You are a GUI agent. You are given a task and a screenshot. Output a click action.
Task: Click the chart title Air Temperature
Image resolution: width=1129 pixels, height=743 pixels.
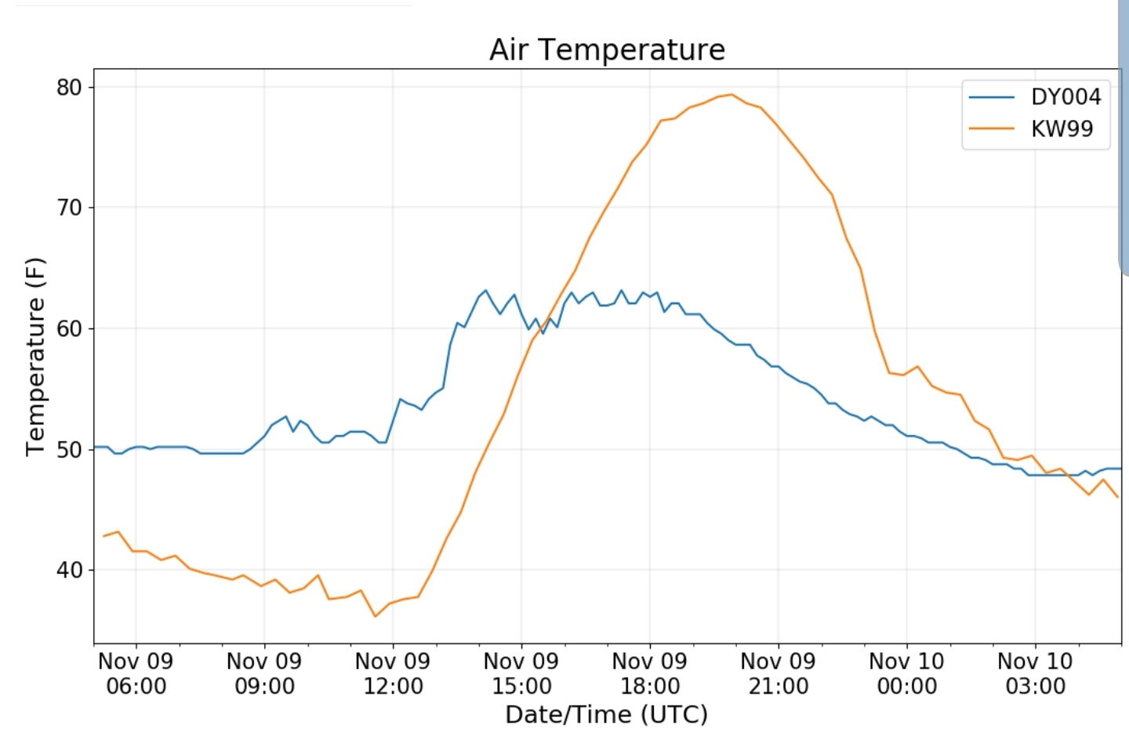(x=607, y=49)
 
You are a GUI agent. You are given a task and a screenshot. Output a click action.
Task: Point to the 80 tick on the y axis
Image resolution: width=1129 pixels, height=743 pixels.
(x=70, y=87)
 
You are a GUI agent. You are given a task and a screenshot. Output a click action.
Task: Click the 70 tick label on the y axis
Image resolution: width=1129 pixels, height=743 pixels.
(x=70, y=208)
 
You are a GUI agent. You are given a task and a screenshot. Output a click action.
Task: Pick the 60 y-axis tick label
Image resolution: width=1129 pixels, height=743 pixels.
(x=70, y=328)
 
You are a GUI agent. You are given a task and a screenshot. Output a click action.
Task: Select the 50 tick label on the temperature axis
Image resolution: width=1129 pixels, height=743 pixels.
(x=70, y=449)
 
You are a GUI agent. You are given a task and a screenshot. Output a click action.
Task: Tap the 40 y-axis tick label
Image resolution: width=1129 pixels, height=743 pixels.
(x=70, y=570)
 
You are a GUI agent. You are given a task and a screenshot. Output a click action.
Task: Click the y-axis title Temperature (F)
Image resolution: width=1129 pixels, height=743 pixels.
(x=36, y=357)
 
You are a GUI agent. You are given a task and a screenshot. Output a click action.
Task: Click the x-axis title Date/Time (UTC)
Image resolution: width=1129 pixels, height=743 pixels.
(x=606, y=715)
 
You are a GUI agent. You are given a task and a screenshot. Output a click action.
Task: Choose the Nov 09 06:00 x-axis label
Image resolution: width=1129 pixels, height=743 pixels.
(x=136, y=673)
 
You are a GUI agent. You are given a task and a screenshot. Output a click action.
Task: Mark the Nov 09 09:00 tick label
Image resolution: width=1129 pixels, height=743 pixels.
(x=264, y=673)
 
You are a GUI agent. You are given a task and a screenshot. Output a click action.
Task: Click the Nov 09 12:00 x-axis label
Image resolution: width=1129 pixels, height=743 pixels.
(x=393, y=673)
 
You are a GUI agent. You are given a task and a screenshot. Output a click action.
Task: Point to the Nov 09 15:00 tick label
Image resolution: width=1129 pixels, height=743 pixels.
(x=521, y=673)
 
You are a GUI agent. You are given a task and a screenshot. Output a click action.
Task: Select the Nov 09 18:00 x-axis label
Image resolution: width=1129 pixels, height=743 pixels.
(x=650, y=673)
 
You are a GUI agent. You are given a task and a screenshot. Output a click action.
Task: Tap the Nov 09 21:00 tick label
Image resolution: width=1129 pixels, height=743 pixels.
(x=778, y=673)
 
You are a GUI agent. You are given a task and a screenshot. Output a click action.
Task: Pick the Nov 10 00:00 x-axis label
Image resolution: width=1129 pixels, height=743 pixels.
(x=906, y=673)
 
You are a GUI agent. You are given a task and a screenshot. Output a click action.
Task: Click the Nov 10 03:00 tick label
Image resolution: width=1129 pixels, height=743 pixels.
(x=1035, y=673)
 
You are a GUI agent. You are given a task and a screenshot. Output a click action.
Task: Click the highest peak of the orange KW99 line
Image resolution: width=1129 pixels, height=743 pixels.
(x=731, y=95)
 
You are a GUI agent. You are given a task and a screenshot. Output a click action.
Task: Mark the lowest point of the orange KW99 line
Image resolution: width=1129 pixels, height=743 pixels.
(x=375, y=616)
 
